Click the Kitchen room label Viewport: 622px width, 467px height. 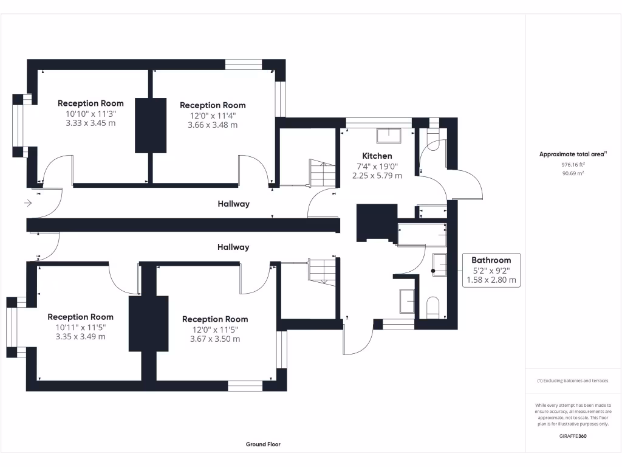coord(377,156)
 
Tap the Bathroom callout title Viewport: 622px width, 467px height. coord(491,260)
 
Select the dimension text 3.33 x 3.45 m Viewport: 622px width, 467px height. coord(91,123)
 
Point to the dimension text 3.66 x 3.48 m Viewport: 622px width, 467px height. coord(213,125)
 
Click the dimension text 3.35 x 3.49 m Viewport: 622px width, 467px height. coord(80,336)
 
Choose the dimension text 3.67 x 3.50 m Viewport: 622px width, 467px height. coord(215,339)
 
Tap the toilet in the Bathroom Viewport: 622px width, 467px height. coord(433,307)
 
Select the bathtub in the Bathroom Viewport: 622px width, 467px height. coord(422,234)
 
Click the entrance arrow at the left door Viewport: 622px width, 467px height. coord(27,203)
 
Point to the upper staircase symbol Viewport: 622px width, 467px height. coord(322,174)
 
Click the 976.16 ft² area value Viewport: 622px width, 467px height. coord(573,164)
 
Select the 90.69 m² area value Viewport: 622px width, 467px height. coord(573,173)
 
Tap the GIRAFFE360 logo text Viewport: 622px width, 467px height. coord(573,436)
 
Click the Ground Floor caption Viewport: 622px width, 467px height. coord(263,445)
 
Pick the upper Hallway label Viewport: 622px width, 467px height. coord(234,204)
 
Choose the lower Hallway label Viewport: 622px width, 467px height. coord(234,247)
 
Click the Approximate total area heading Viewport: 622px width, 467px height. coord(573,154)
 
